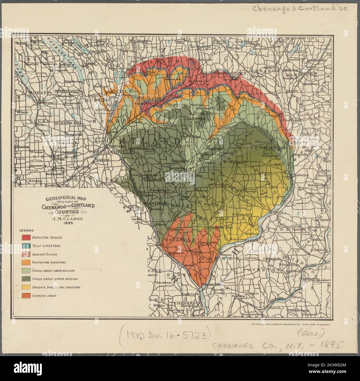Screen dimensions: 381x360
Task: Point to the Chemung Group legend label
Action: [44, 296]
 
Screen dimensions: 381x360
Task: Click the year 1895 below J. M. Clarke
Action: [68, 222]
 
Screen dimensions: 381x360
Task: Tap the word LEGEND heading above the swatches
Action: [27, 230]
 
